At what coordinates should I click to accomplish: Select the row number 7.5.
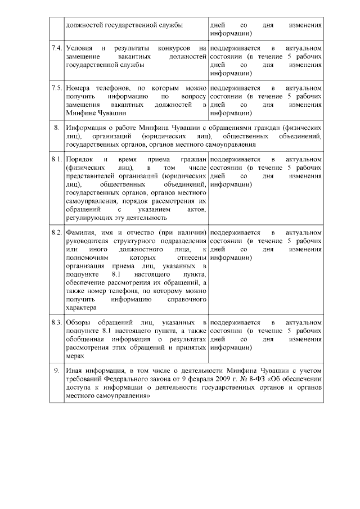click(56, 89)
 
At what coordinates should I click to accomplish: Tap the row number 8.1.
click(56, 161)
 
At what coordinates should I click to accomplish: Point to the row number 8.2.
click(56, 232)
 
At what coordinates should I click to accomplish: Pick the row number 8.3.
click(56, 322)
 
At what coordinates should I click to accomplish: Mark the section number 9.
click(56, 371)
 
